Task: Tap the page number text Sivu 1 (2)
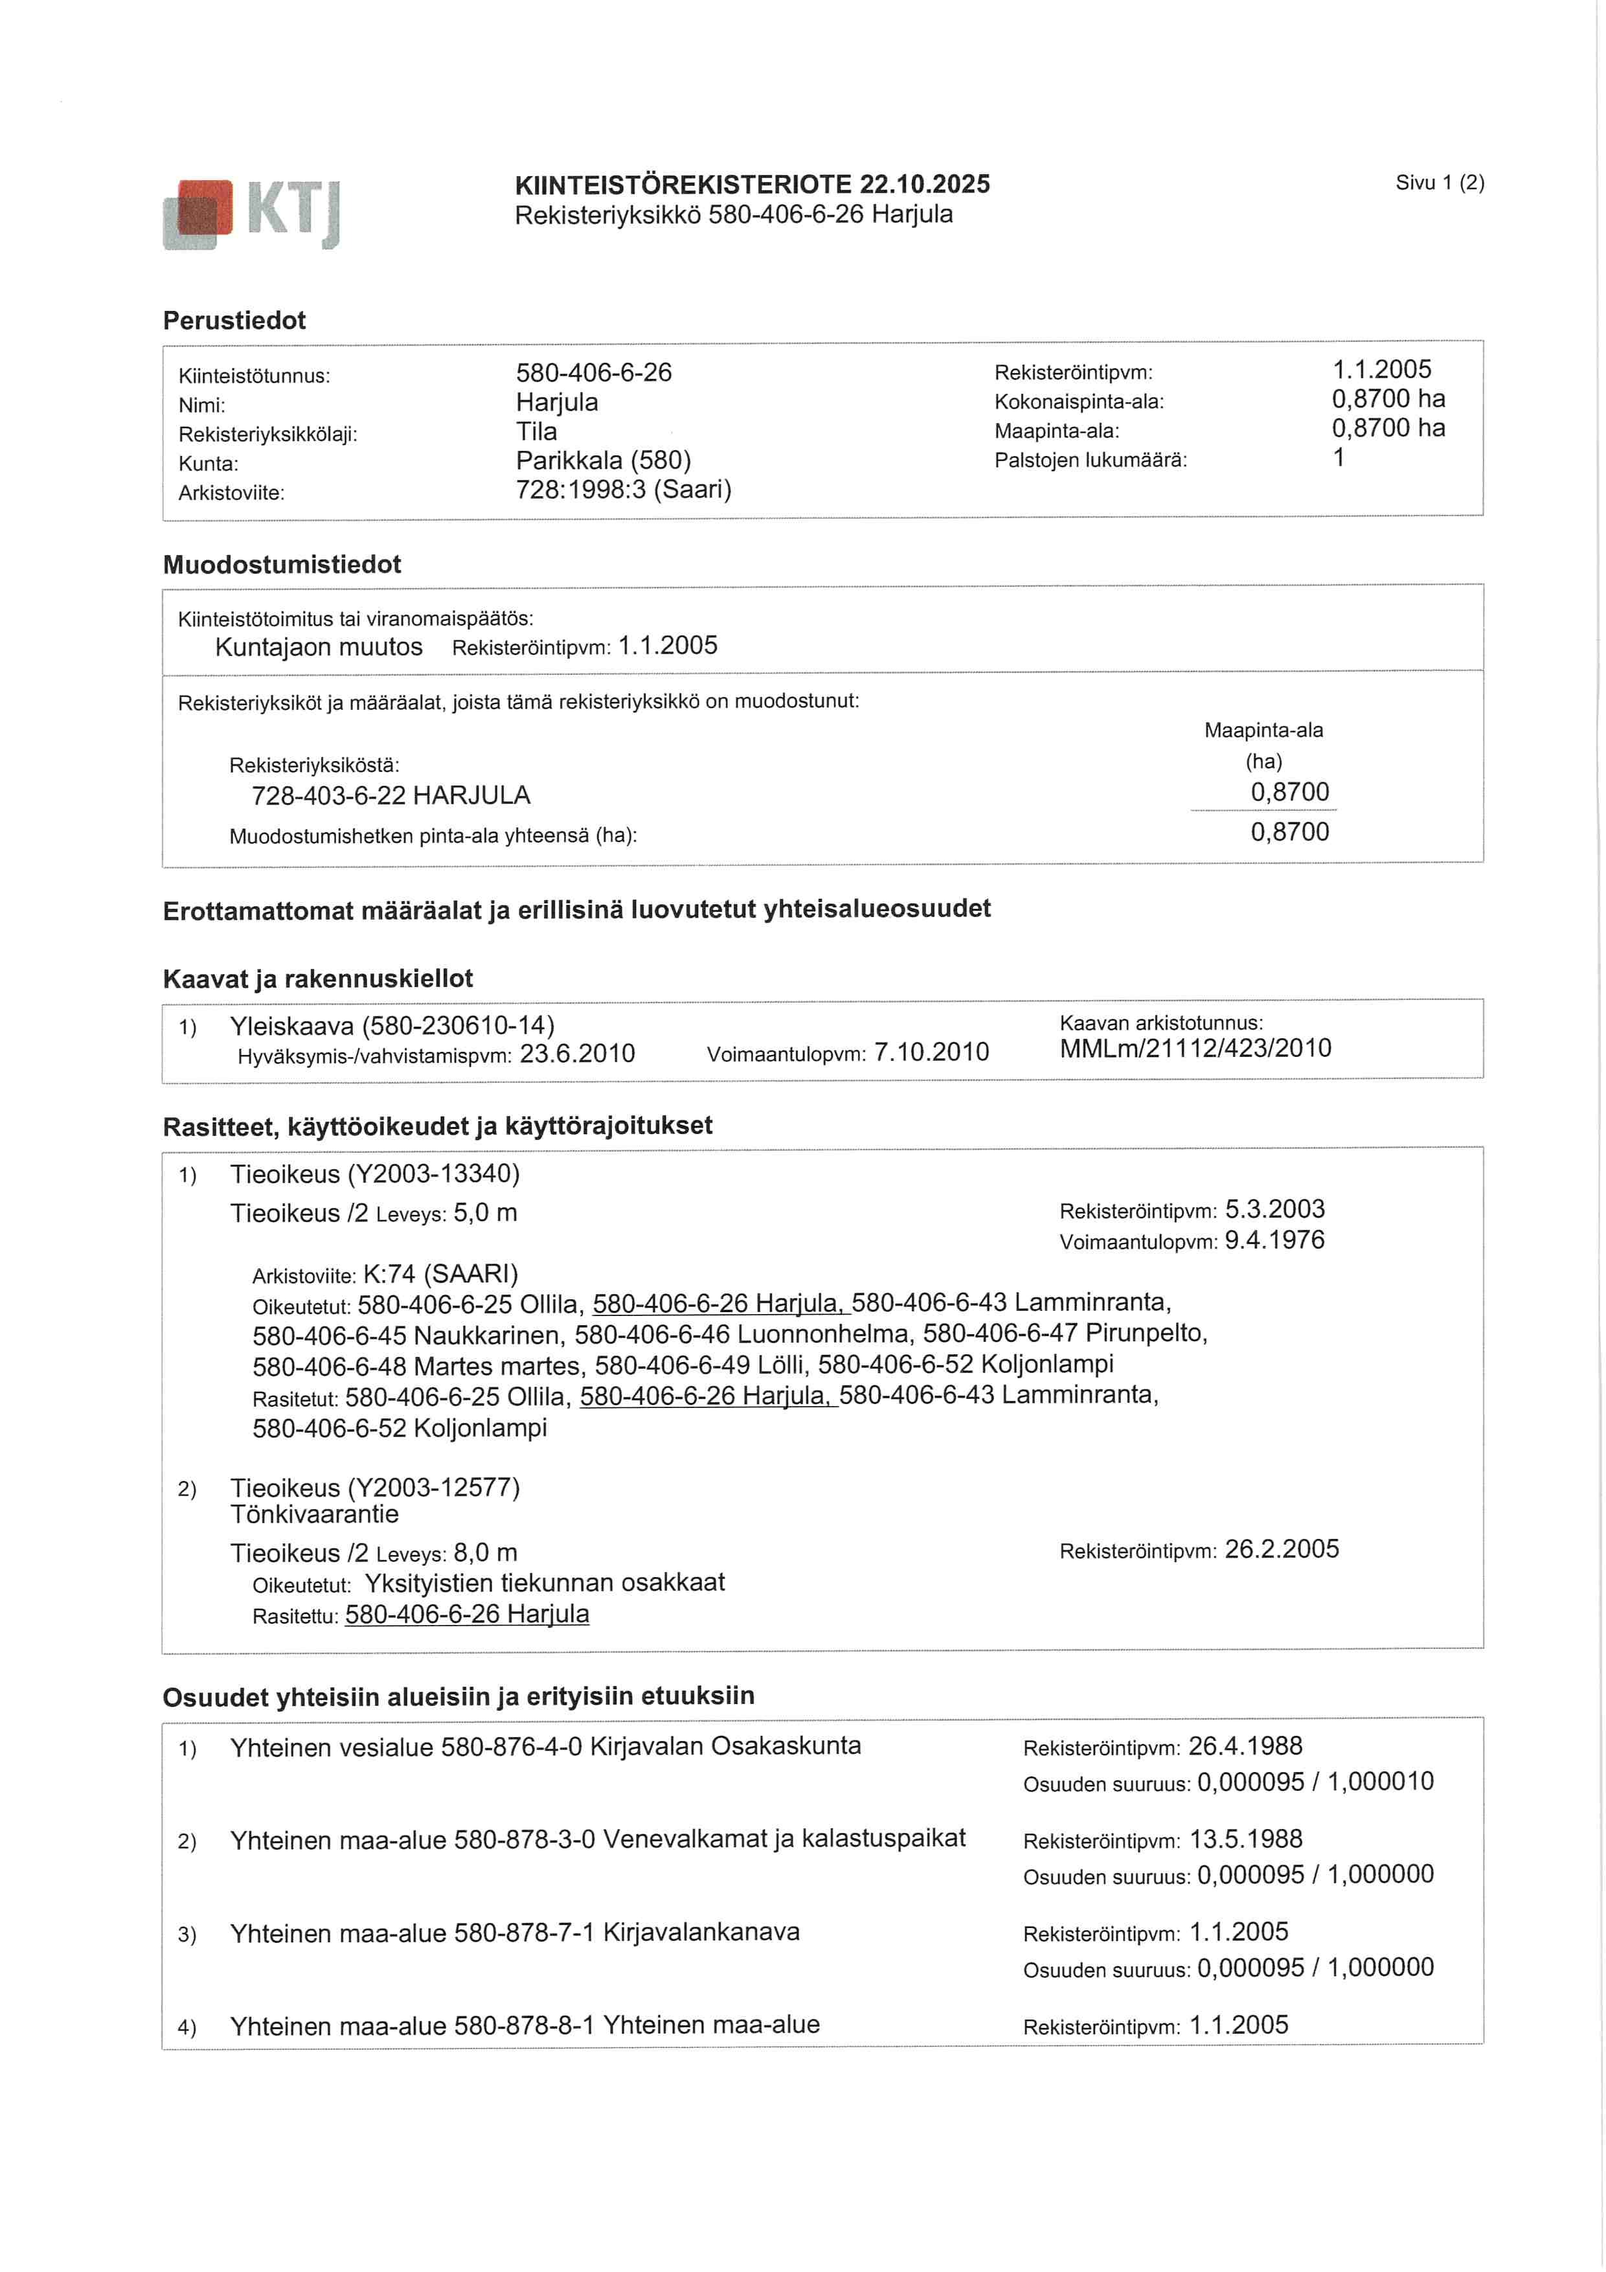[x=1439, y=183]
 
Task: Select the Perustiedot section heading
[x=234, y=321]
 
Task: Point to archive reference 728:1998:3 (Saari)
[x=624, y=490]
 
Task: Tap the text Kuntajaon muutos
[x=319, y=647]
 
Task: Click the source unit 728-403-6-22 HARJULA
[x=391, y=795]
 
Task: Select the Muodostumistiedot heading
[x=282, y=565]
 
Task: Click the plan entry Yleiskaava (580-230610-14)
[x=392, y=1025]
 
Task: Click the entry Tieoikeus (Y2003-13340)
[x=374, y=1175]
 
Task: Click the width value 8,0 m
[x=485, y=1552]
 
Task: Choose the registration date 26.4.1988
[x=1245, y=1747]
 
